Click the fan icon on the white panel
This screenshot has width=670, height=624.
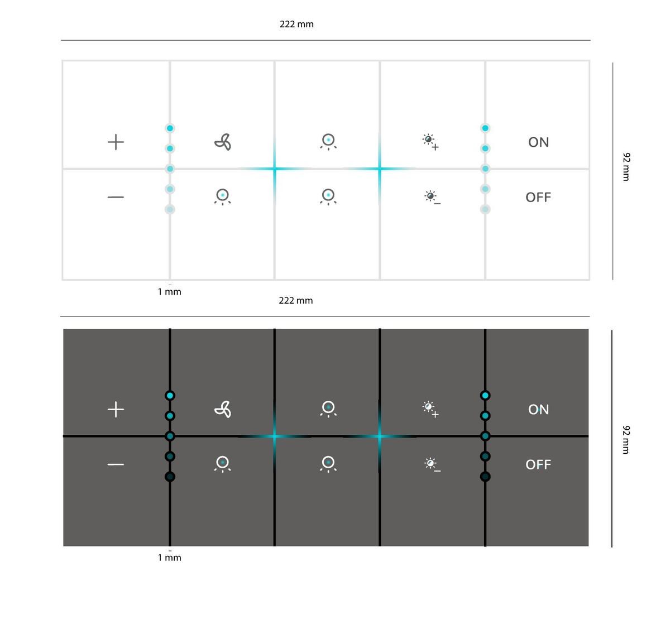coord(223,142)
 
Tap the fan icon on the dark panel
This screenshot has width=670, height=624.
coord(223,410)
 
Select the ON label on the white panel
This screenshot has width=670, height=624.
coord(538,142)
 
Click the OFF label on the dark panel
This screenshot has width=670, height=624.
coord(538,465)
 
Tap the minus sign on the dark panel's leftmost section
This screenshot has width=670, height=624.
coord(116,464)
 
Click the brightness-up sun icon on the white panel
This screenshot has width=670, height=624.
coord(430,142)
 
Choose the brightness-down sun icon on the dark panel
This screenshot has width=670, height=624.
coord(432,464)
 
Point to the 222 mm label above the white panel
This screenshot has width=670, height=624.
coord(296,25)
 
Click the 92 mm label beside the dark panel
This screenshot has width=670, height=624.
coord(626,440)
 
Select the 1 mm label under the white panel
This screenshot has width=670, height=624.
coord(169,292)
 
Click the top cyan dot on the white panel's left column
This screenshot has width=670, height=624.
coord(170,128)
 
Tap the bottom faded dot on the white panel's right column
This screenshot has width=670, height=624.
coord(485,209)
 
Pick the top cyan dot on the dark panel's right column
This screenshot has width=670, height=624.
coord(485,395)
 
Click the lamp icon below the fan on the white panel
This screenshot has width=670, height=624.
coord(223,197)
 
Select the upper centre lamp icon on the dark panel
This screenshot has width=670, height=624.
coord(328,409)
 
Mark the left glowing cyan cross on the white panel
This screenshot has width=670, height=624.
coord(275,169)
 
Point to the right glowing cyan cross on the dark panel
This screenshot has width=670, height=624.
coord(380,436)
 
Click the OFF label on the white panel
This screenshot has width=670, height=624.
coord(538,198)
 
